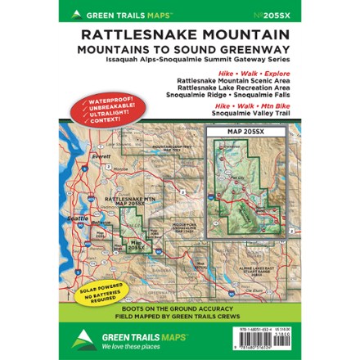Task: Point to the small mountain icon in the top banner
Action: pos(76,14)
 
